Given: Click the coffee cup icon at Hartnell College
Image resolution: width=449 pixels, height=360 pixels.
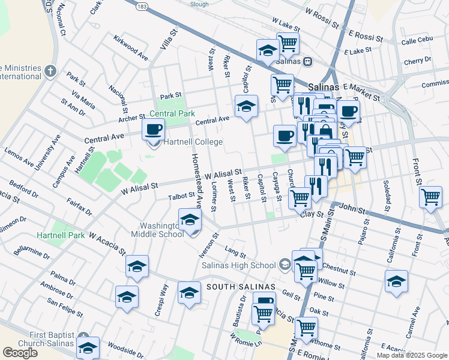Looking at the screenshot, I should coord(154,129).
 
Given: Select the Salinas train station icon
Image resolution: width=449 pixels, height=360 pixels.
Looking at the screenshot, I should coord(307,61).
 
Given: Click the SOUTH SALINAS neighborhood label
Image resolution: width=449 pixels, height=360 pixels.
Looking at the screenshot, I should coord(240,287).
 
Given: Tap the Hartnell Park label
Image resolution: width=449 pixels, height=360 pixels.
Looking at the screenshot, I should coord(61,235).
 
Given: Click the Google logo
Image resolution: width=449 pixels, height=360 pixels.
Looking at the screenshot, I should coord(20,353).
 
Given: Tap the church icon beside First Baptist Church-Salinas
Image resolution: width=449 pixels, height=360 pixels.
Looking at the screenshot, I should coord(83,338).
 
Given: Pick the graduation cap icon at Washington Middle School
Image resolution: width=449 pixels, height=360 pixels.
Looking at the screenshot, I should coord(190,220).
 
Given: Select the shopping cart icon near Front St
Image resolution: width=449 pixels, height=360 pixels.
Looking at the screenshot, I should coord(430,196).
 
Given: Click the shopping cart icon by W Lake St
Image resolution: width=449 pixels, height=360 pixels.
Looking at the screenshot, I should coord(288,43).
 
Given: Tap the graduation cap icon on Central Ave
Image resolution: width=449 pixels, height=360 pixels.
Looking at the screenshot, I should coord(246,106).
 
